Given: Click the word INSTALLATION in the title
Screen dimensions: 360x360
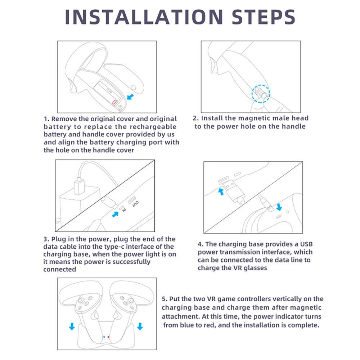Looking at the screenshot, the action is [x=144, y=17].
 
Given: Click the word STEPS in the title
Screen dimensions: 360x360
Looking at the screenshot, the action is [x=264, y=17].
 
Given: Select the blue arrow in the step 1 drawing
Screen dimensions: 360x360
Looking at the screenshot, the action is [x=130, y=96].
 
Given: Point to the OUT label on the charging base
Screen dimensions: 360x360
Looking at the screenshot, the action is [x=135, y=204].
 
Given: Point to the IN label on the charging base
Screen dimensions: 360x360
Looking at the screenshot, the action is [x=124, y=210].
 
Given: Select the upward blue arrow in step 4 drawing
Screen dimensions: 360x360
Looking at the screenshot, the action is [x=221, y=192].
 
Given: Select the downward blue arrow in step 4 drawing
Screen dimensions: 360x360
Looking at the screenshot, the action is [x=279, y=207].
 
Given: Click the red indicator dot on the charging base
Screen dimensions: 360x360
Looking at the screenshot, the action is [x=108, y=337].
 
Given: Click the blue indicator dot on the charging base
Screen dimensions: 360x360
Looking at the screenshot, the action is [x=104, y=337].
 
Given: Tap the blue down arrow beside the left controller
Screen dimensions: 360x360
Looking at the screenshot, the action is [x=72, y=326].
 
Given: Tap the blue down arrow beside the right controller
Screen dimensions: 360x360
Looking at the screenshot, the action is [x=140, y=326].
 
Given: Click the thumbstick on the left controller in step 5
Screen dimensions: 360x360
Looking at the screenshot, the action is [x=81, y=300].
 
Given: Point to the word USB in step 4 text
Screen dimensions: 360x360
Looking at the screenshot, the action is [x=306, y=244].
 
